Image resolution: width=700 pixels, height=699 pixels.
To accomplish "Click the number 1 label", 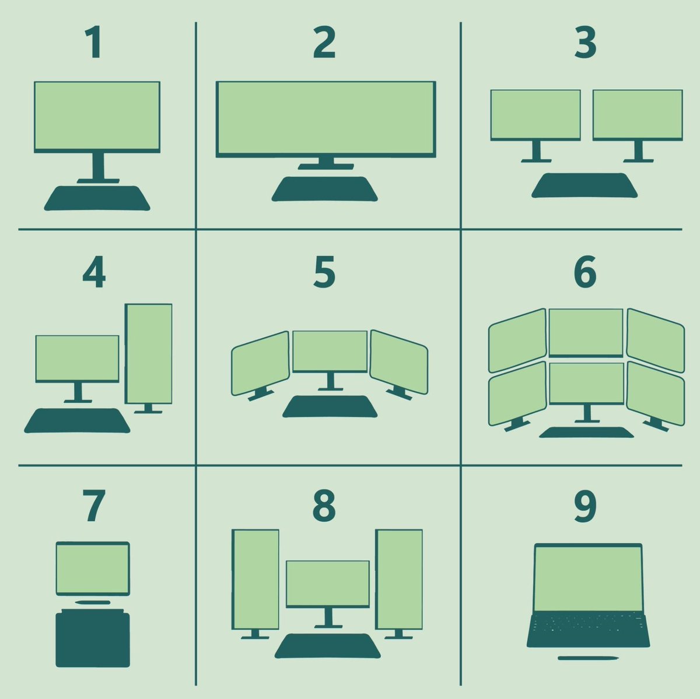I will click(93, 43).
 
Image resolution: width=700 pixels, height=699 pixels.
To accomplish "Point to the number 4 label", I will click(94, 272).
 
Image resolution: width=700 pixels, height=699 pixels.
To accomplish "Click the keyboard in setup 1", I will click(97, 198).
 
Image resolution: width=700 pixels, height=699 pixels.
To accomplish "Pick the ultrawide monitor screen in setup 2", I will click(325, 118).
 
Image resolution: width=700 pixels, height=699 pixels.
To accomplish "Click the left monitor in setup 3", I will click(535, 114).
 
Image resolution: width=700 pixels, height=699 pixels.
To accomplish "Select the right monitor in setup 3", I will click(638, 114).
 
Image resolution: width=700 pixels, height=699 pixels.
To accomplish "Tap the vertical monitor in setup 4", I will click(149, 353).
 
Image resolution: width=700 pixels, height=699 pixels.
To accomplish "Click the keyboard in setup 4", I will click(77, 420).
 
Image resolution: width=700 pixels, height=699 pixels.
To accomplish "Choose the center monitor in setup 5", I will click(330, 351).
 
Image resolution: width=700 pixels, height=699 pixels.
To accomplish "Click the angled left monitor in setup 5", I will click(260, 363).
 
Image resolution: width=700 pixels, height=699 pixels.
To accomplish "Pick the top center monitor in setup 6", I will click(586, 331).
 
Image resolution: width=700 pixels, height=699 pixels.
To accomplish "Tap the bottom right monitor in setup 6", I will click(655, 393).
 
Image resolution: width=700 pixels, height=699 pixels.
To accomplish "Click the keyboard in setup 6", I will click(586, 432).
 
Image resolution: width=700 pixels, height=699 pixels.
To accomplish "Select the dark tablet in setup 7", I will click(93, 638).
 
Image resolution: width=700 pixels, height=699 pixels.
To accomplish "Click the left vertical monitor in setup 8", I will click(256, 579).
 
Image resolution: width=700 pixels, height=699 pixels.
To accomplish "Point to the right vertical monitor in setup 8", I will click(399, 579).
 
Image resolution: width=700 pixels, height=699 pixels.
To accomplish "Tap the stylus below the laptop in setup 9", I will click(588, 658).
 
